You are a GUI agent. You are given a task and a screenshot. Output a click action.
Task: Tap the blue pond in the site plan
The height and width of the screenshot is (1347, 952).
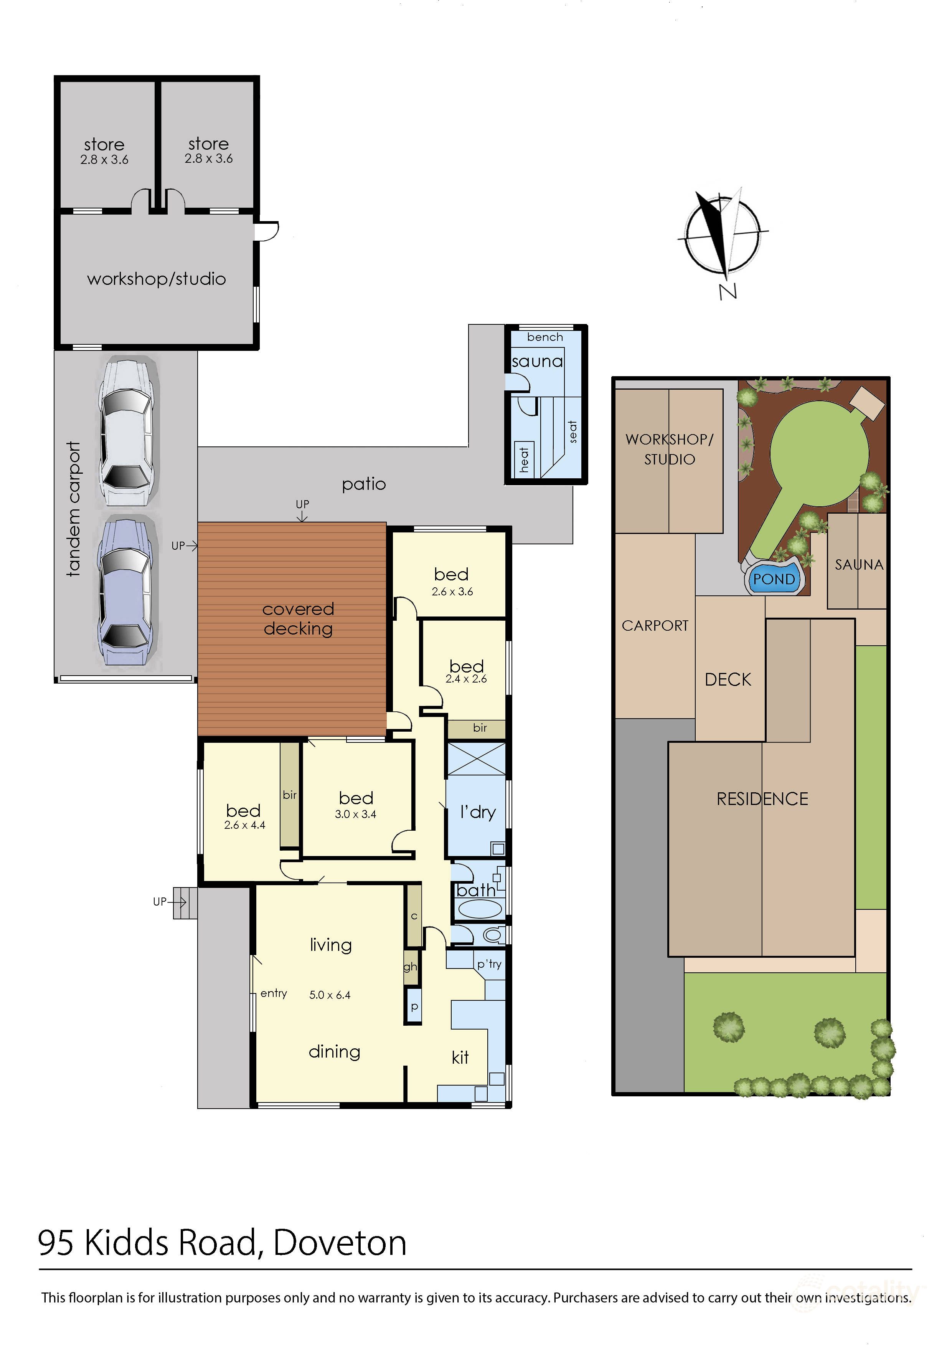[774, 579]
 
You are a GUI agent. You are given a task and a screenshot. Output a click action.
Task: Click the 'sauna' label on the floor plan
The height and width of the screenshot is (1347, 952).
[537, 361]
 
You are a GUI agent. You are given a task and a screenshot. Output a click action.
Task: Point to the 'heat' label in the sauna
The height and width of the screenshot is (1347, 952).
[524, 459]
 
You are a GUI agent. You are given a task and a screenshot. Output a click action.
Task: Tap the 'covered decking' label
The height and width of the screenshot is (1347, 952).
[298, 618]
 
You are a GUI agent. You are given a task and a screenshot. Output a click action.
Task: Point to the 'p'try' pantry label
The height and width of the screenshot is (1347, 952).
[489, 964]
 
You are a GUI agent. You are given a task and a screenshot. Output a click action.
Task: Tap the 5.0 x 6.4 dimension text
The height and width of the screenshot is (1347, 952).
[330, 995]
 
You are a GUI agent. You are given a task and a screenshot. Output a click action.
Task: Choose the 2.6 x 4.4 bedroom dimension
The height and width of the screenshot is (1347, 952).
[244, 825]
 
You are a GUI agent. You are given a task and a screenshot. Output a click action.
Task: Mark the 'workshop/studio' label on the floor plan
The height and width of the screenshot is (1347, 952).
[157, 279]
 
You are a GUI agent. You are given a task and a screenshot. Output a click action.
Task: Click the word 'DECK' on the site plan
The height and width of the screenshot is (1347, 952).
[728, 679]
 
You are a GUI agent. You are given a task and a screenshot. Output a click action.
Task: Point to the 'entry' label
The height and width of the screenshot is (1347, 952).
[274, 993]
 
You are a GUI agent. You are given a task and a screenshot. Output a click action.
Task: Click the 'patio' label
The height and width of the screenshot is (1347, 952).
[364, 484]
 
